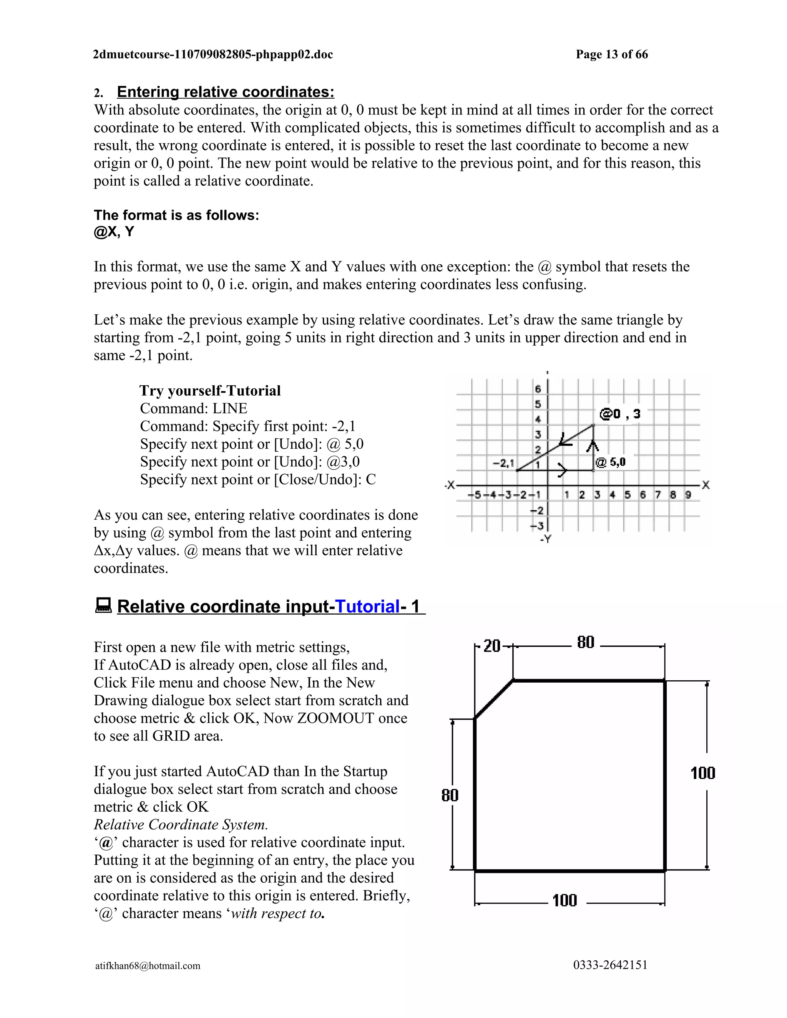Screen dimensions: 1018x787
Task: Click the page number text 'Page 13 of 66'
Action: (x=611, y=55)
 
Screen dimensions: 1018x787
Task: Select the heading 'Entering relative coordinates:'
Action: (x=225, y=92)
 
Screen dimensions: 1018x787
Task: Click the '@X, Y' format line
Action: (x=114, y=232)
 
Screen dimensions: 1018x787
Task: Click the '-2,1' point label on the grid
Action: (x=503, y=463)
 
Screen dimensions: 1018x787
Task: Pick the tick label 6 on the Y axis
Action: (x=538, y=389)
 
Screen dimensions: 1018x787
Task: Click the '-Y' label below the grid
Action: (x=546, y=539)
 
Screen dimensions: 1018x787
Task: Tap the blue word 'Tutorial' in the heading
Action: (x=367, y=607)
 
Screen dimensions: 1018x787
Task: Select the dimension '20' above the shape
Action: (x=491, y=646)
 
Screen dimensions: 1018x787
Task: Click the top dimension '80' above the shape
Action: (x=586, y=642)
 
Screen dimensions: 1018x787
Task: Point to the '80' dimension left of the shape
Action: (x=450, y=795)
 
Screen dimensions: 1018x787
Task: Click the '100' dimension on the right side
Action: (x=702, y=773)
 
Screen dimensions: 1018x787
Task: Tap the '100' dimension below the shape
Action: (x=565, y=900)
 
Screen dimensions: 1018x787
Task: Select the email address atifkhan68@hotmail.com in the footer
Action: (x=148, y=965)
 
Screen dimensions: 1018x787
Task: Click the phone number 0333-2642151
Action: (x=610, y=965)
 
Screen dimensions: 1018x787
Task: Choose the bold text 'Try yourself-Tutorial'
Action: (x=210, y=391)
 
